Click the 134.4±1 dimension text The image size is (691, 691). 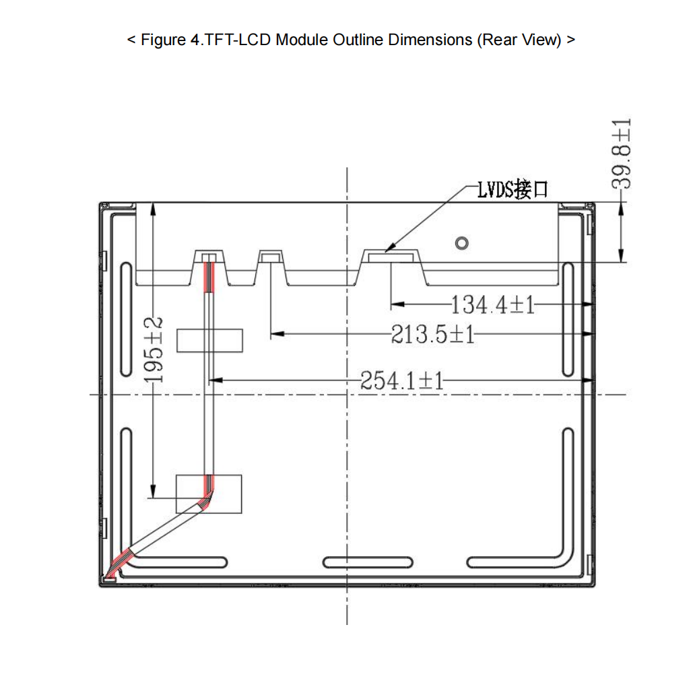click(492, 305)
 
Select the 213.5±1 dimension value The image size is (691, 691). click(433, 333)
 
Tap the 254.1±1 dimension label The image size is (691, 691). click(402, 381)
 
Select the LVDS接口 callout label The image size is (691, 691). click(512, 190)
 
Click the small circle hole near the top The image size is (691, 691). click(461, 242)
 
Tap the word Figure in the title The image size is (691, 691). click(162, 40)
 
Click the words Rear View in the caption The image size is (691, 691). click(519, 40)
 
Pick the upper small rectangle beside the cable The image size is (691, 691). click(209, 340)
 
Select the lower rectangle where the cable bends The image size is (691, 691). click(209, 494)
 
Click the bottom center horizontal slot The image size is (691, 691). click(368, 562)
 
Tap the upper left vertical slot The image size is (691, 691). click(126, 320)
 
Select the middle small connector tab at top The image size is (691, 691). click(271, 257)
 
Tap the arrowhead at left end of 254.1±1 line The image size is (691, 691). click(215, 381)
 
